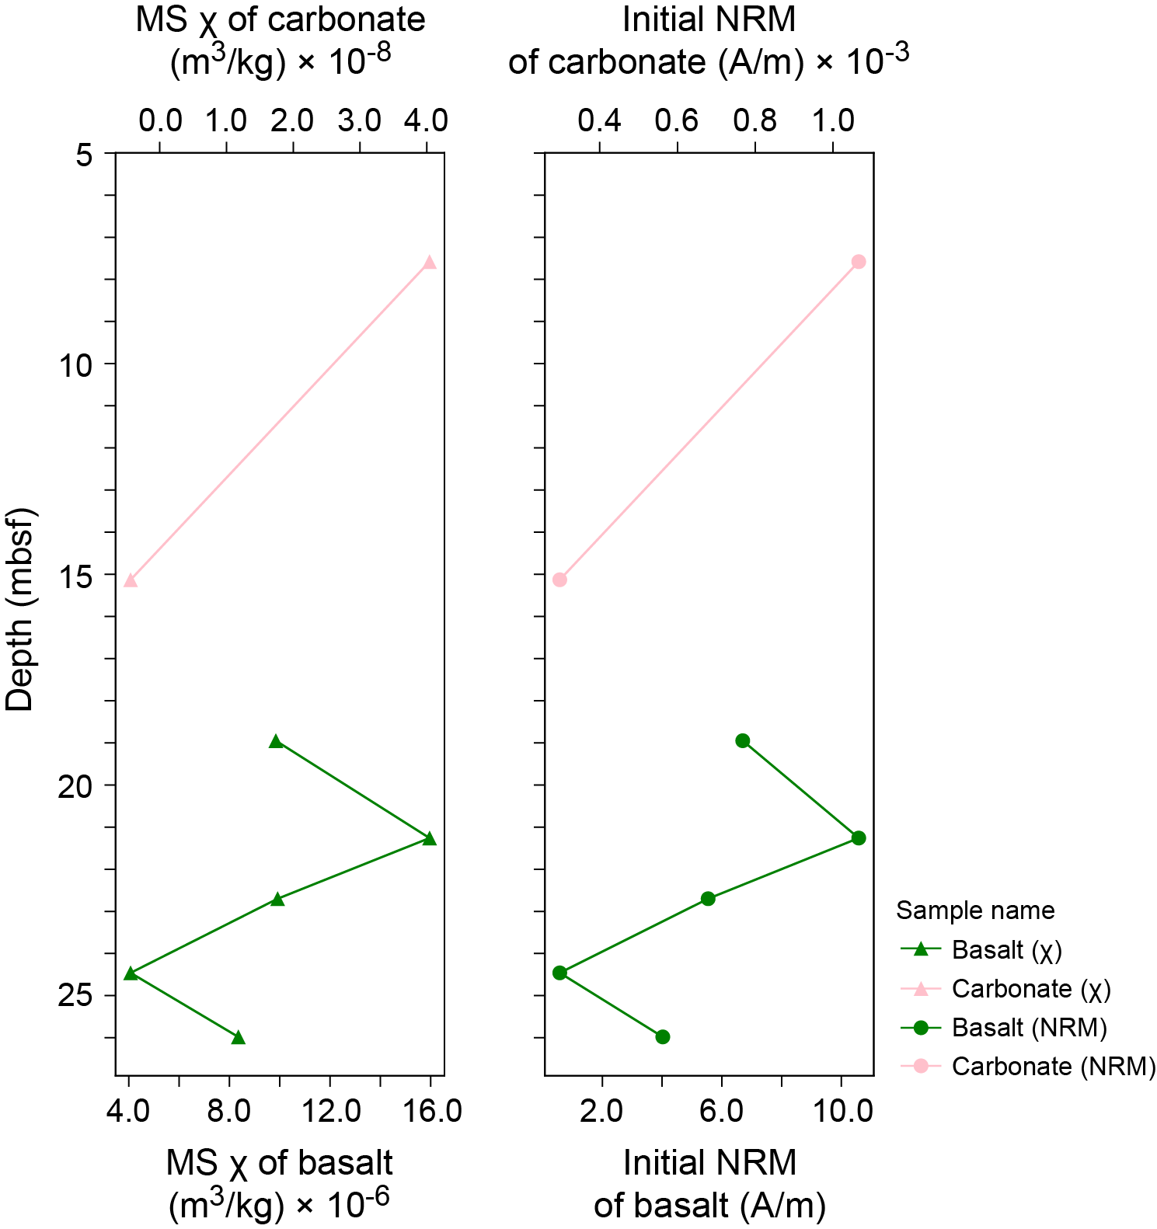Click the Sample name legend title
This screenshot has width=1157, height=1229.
tap(975, 910)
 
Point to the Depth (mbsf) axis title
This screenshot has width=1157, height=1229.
tap(21, 610)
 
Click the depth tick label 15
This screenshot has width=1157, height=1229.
tap(78, 575)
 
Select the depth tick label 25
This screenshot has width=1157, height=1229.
tap(78, 996)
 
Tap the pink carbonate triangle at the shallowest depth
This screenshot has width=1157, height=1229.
tap(429, 262)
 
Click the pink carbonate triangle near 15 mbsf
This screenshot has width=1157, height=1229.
tap(131, 580)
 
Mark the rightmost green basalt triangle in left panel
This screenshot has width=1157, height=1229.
tap(429, 838)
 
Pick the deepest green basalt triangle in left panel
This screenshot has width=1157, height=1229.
tap(238, 1037)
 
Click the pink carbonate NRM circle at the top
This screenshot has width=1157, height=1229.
tap(858, 262)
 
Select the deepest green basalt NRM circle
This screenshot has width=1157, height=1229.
tap(662, 1036)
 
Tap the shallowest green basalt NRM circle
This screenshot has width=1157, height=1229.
tap(742, 740)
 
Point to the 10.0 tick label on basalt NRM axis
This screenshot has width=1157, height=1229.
tap(842, 1111)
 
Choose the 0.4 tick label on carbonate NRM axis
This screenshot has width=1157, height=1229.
tap(599, 120)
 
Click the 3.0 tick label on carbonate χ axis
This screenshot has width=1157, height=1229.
tap(361, 120)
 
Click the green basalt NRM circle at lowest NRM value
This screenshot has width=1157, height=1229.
tap(559, 973)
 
